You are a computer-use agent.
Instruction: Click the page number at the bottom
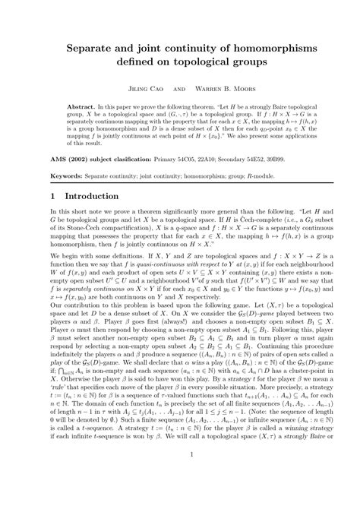pos(180,476)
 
